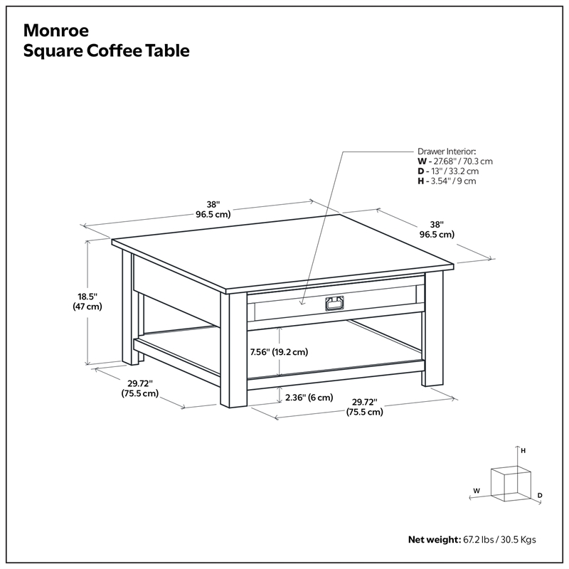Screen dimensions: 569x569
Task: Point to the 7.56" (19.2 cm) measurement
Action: coord(278,351)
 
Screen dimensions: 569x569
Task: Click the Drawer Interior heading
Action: coord(447,151)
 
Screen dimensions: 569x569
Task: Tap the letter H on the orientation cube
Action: coord(523,450)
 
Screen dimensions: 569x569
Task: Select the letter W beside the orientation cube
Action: coord(477,490)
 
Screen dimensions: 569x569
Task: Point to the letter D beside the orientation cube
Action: coord(540,495)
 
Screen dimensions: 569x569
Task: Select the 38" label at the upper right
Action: coord(437,229)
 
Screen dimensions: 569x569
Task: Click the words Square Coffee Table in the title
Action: coord(107,52)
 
